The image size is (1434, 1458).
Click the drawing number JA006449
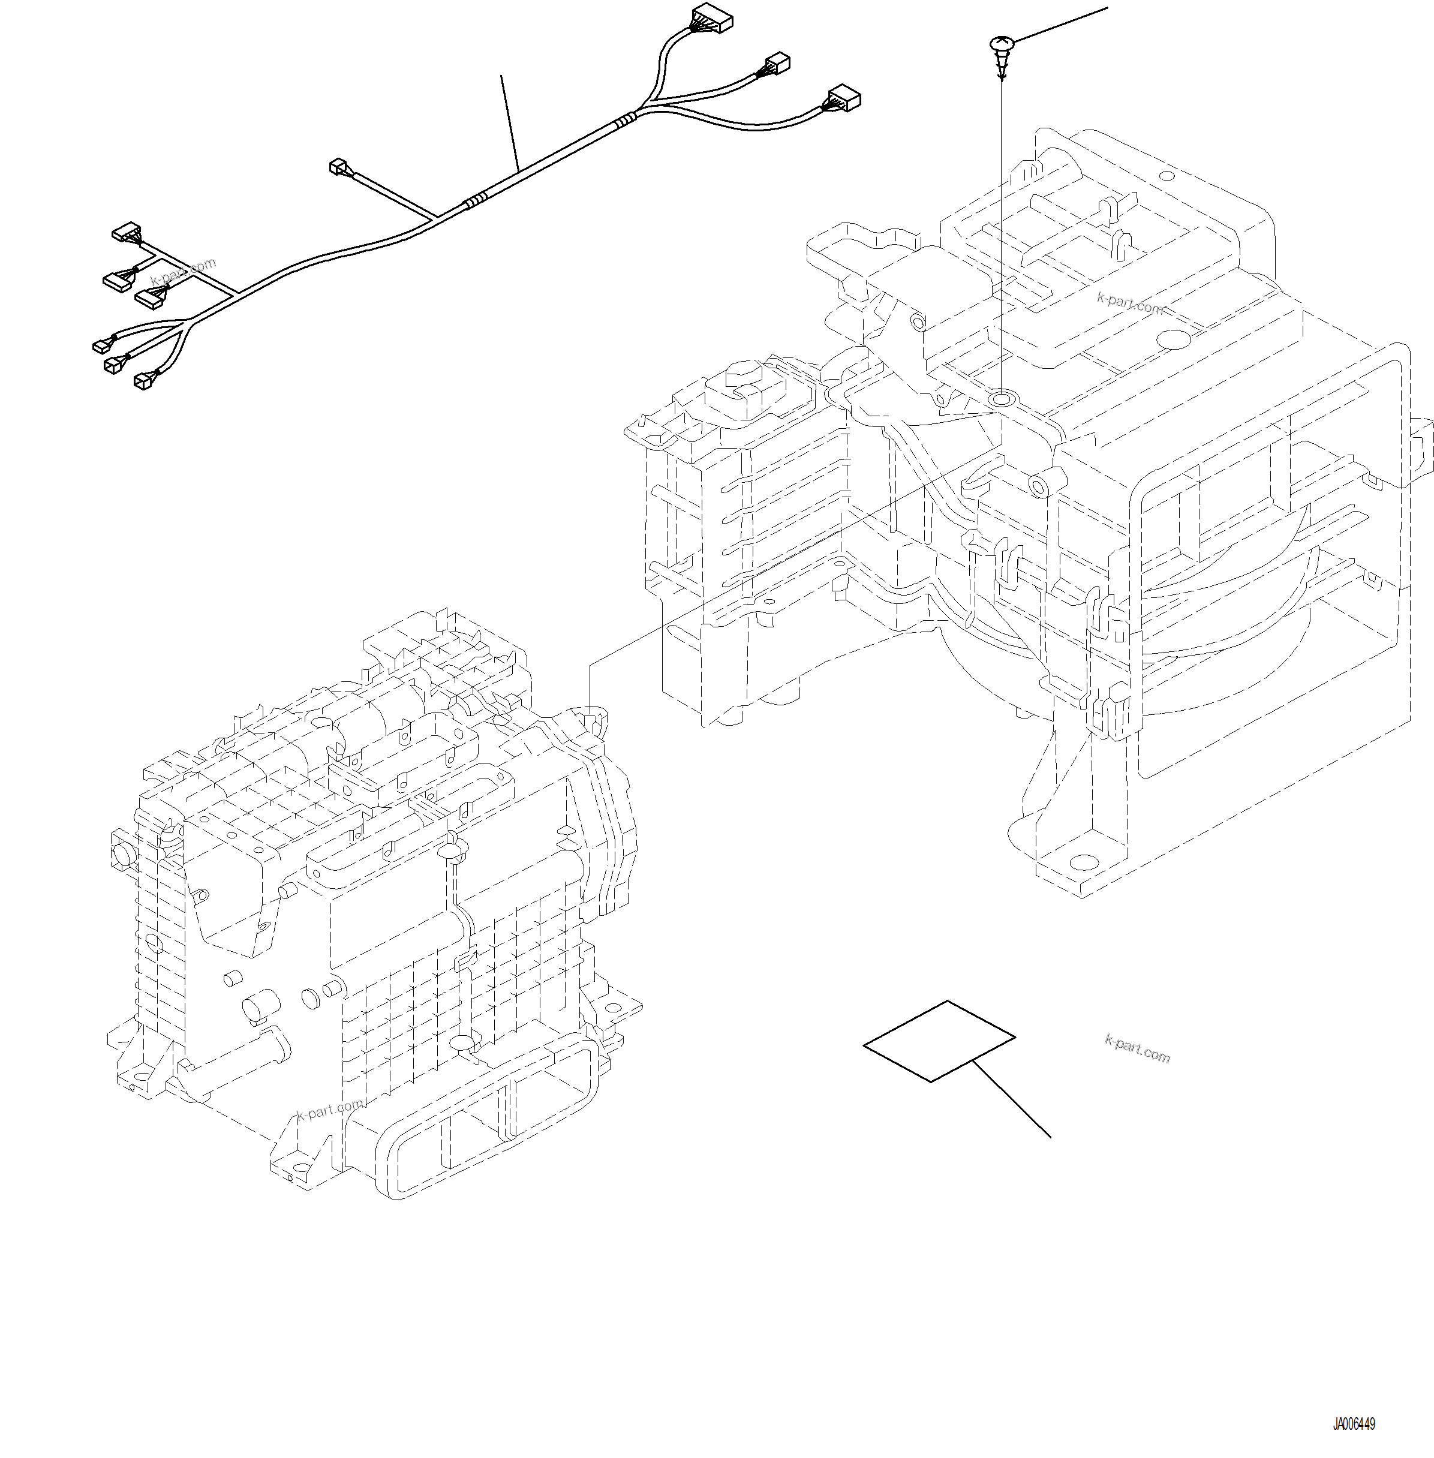[x=1354, y=1424]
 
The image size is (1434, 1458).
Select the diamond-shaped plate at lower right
[x=939, y=1042]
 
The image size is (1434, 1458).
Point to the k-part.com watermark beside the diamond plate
[x=1137, y=1048]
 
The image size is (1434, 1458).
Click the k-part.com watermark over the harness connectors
[x=183, y=272]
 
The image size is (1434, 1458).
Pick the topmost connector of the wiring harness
[x=711, y=18]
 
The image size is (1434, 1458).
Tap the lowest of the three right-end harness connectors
[x=843, y=98]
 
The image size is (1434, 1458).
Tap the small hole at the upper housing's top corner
[x=1166, y=176]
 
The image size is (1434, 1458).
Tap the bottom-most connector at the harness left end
[x=143, y=382]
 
